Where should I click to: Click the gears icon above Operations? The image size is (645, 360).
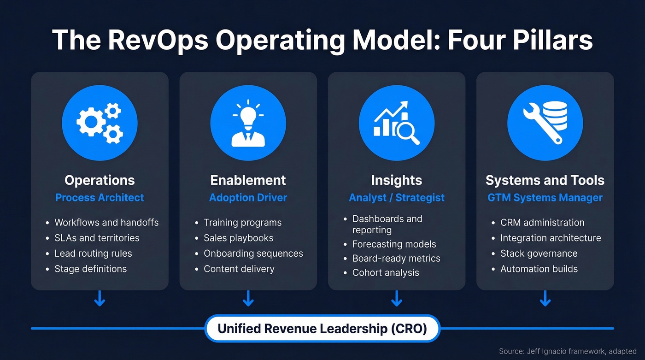pos(100,123)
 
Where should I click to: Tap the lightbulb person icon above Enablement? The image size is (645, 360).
pos(248,123)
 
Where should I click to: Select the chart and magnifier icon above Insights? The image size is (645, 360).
pos(396,123)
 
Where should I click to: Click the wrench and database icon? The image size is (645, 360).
pos(545,123)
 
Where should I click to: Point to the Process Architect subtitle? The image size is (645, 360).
pos(100,198)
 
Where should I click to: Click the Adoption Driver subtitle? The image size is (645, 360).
pos(248,198)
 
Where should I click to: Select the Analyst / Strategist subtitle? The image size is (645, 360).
pos(396,198)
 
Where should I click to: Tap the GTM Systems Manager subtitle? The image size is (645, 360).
pos(545,198)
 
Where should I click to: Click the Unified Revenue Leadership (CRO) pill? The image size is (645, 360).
pos(322,329)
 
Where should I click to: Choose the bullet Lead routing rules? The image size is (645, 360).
pos(93,254)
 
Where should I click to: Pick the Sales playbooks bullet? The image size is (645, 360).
pos(238,238)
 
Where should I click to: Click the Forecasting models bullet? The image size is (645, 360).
pos(394,244)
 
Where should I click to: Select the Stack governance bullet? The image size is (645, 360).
pos(539,254)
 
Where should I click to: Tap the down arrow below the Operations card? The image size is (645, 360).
pos(100,299)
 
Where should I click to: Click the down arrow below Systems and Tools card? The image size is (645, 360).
pos(545,299)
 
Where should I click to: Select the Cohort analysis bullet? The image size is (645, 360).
pos(386,272)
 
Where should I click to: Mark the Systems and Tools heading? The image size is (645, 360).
pos(545,180)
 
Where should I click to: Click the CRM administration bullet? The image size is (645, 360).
pos(542,223)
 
